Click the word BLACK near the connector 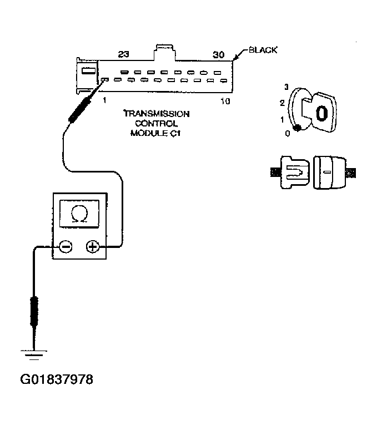[263, 50]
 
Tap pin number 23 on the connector [122, 54]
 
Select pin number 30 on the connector [219, 54]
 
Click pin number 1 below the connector [104, 100]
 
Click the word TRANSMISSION [156, 114]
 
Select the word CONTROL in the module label [156, 123]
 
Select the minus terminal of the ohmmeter [66, 247]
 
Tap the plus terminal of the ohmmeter [93, 247]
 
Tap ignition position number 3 [286, 87]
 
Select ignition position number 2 [282, 103]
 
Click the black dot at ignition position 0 [297, 128]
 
